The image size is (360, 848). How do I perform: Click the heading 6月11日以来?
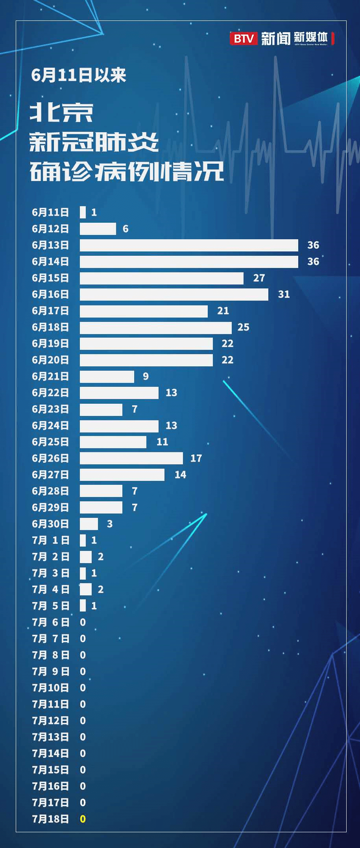click(x=79, y=75)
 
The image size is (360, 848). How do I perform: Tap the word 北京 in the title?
click(x=62, y=113)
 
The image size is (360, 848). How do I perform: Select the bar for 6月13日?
click(x=189, y=245)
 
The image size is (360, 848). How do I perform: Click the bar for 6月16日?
click(x=174, y=294)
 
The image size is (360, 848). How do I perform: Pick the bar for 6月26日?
click(x=131, y=458)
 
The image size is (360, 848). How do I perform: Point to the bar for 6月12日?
click(x=98, y=229)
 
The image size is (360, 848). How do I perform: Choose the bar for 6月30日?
click(x=89, y=524)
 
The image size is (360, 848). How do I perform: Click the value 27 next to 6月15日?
click(x=259, y=278)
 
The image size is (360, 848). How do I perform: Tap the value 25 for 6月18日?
click(x=243, y=327)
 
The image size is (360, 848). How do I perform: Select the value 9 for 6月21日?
click(x=146, y=376)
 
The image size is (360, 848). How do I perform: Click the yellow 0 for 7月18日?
click(x=83, y=819)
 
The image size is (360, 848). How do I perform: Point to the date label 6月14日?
click(x=50, y=261)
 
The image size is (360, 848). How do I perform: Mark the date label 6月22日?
click(x=50, y=393)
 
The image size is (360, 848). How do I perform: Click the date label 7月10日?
click(x=50, y=688)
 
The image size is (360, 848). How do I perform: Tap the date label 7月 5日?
click(x=50, y=606)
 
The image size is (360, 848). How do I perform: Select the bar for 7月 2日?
click(x=86, y=556)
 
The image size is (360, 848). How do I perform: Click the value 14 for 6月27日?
click(x=180, y=475)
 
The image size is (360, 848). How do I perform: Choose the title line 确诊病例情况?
click(x=127, y=172)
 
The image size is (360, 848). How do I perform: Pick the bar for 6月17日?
click(x=144, y=311)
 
